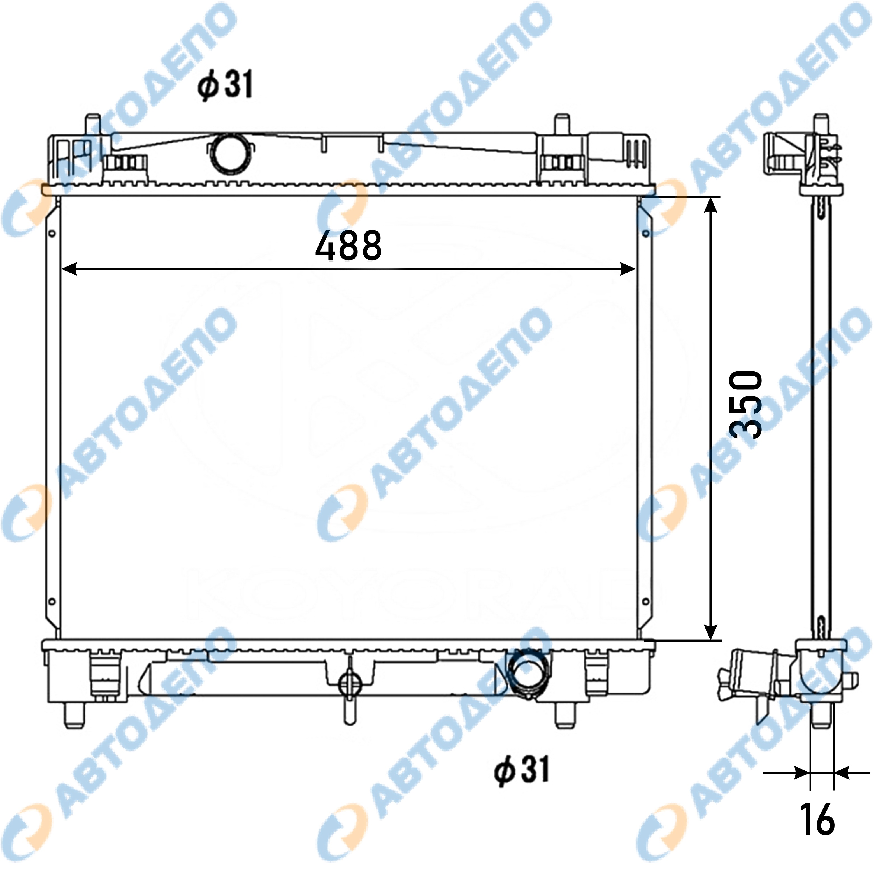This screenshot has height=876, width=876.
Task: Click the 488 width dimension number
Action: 348,246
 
